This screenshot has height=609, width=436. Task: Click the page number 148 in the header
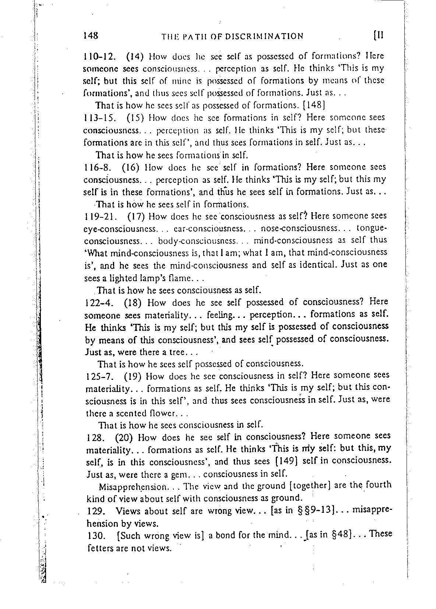[x=91, y=35]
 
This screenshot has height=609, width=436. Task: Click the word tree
[x=175, y=352]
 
